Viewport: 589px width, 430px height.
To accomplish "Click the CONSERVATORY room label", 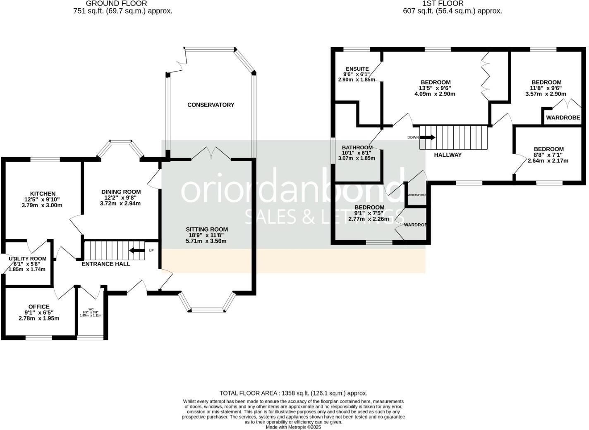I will click(211, 105).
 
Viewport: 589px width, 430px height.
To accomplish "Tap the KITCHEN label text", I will click(43, 193).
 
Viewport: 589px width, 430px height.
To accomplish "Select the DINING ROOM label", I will click(121, 192).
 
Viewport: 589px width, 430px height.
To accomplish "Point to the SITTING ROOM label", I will click(207, 229).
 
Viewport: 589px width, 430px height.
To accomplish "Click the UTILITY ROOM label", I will click(28, 259).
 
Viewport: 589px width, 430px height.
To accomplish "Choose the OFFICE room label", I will click(39, 307).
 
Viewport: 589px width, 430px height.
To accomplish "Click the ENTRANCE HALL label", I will click(106, 264).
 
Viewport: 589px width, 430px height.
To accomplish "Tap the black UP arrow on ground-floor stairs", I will click(136, 250).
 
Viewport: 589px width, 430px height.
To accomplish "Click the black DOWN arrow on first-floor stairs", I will click(428, 137).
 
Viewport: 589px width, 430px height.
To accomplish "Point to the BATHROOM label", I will click(357, 148).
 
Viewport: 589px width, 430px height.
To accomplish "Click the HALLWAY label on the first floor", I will click(448, 155).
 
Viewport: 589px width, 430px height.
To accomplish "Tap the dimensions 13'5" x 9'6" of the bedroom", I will click(435, 88).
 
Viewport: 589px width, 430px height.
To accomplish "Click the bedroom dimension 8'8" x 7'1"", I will click(548, 155).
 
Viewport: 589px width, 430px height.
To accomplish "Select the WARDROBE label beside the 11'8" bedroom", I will click(563, 118).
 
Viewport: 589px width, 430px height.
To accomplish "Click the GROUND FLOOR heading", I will click(116, 4).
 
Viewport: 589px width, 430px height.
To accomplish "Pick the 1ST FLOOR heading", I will click(443, 4).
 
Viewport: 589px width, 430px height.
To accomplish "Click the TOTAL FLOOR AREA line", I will click(293, 393).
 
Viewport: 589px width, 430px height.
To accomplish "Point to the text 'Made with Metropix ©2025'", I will click(293, 427).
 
